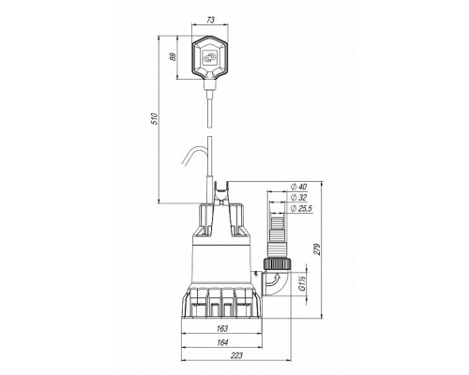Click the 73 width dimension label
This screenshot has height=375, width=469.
pyautogui.click(x=211, y=20)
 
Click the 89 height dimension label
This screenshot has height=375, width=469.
pyautogui.click(x=173, y=57)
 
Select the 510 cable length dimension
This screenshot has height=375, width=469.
pyautogui.click(x=155, y=119)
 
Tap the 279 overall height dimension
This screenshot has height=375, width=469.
pyautogui.click(x=317, y=249)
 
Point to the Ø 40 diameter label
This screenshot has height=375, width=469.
pyautogui.click(x=298, y=187)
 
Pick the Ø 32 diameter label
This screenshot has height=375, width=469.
pyautogui.click(x=298, y=198)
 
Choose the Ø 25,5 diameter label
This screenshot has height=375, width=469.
pyautogui.click(x=301, y=208)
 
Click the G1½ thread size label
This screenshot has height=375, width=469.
pyautogui.click(x=302, y=283)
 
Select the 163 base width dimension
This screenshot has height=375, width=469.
pyautogui.click(x=222, y=328)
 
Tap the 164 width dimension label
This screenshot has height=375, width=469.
pyautogui.click(x=222, y=342)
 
